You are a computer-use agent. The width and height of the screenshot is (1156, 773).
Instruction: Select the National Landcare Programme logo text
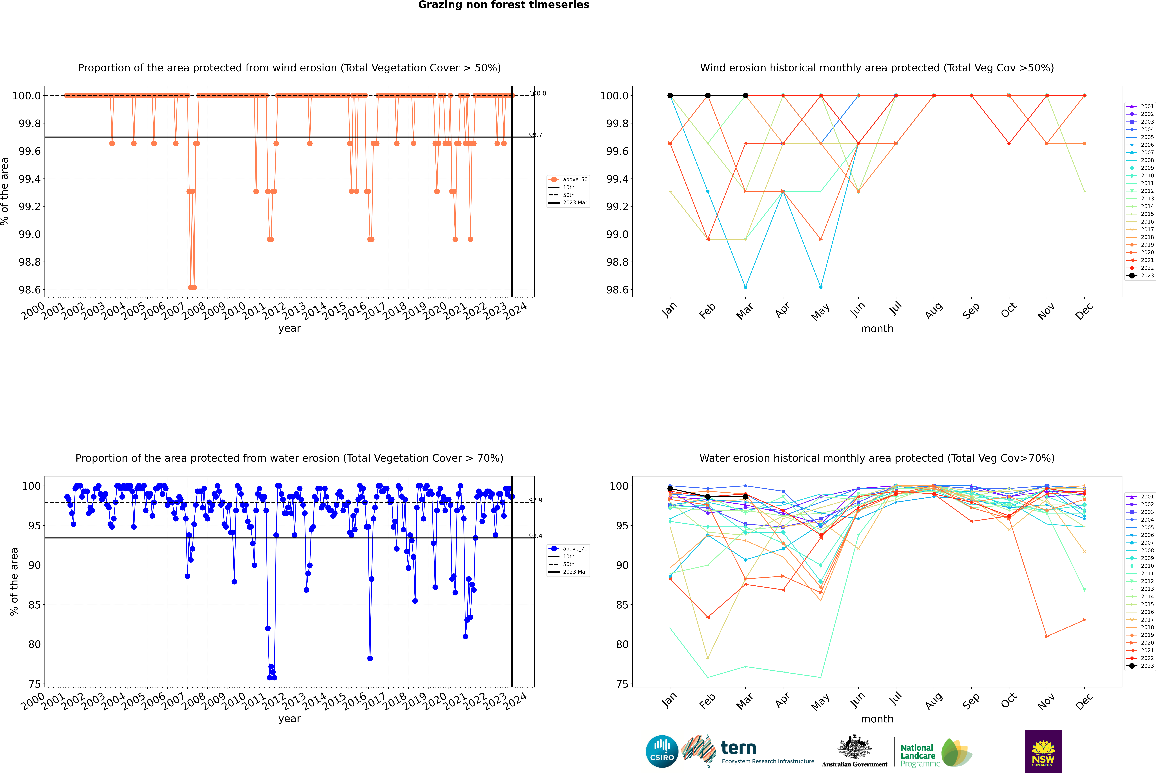pyautogui.click(x=918, y=755)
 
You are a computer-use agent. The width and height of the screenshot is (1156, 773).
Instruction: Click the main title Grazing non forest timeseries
pyautogui.click(x=504, y=5)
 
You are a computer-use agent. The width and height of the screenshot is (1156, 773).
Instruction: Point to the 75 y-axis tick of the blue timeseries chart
pyautogui.click(x=34, y=684)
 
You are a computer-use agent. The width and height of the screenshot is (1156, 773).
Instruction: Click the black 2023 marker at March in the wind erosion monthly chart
pyautogui.click(x=745, y=96)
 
